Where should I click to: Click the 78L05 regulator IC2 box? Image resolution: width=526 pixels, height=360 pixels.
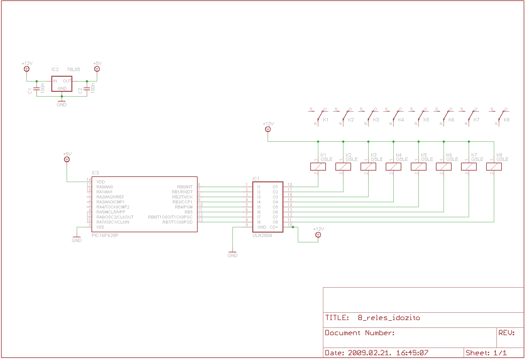coord(62,84)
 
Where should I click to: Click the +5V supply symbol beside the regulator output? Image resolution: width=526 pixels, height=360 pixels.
coord(97,69)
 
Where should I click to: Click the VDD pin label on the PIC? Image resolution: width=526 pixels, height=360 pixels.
coord(101,182)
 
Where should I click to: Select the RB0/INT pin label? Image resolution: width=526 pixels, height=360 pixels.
coord(185,187)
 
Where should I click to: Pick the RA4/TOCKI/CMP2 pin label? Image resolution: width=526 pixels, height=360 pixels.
coord(113,207)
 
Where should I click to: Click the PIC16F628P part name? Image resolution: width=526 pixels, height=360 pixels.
coord(105,235)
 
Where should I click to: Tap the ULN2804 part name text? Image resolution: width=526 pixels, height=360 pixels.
coord(262,235)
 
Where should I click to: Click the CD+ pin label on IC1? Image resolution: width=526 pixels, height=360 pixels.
coord(274,227)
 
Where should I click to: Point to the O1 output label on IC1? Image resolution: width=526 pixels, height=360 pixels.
coord(275,187)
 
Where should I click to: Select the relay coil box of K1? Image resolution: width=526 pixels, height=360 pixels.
coord(318,167)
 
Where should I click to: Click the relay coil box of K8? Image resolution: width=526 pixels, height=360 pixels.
coord(494,167)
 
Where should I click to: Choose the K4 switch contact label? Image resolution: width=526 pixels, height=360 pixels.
coord(401,120)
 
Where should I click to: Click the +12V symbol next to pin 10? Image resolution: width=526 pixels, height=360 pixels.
coord(318,235)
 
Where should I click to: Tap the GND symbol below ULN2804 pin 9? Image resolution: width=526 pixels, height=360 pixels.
coord(232,253)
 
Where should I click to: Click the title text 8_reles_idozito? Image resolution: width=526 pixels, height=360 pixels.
coord(389,318)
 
